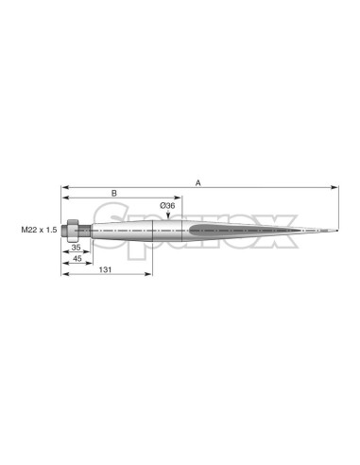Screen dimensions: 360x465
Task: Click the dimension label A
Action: (x=198, y=182)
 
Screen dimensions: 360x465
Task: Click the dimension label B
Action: (x=114, y=193)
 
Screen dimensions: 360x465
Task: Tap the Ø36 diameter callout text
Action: (x=167, y=206)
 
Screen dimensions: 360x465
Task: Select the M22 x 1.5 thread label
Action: (x=39, y=230)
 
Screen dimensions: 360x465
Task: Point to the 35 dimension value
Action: (x=76, y=248)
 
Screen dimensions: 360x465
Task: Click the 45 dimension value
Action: (x=77, y=258)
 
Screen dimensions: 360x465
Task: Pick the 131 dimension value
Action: (x=105, y=269)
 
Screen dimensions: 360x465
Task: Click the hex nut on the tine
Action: (x=73, y=231)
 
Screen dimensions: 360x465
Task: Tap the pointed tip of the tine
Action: (x=337, y=231)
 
